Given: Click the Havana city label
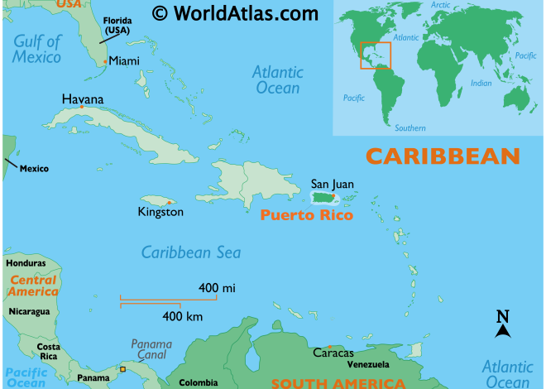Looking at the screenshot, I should click(x=83, y=99).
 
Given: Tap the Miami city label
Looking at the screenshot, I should click(x=124, y=60).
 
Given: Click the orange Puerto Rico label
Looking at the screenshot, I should click(x=306, y=216).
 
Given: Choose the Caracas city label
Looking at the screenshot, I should click(x=333, y=353).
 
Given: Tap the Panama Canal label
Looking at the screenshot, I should click(x=151, y=349).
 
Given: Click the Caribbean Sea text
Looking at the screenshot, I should click(x=190, y=252).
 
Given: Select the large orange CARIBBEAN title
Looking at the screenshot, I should click(x=443, y=156).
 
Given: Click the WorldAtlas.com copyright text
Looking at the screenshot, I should click(x=223, y=13).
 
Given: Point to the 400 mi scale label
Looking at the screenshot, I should click(x=217, y=287).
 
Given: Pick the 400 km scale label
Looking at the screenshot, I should click(x=183, y=316).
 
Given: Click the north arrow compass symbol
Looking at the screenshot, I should click(x=502, y=324).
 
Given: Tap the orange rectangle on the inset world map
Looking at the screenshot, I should click(x=375, y=55).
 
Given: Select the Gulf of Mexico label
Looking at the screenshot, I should click(x=37, y=49).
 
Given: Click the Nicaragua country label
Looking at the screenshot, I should click(x=29, y=311).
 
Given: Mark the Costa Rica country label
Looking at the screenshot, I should click(x=48, y=350).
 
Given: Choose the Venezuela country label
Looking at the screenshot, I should click(x=368, y=365).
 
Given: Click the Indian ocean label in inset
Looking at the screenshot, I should click(x=481, y=83).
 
